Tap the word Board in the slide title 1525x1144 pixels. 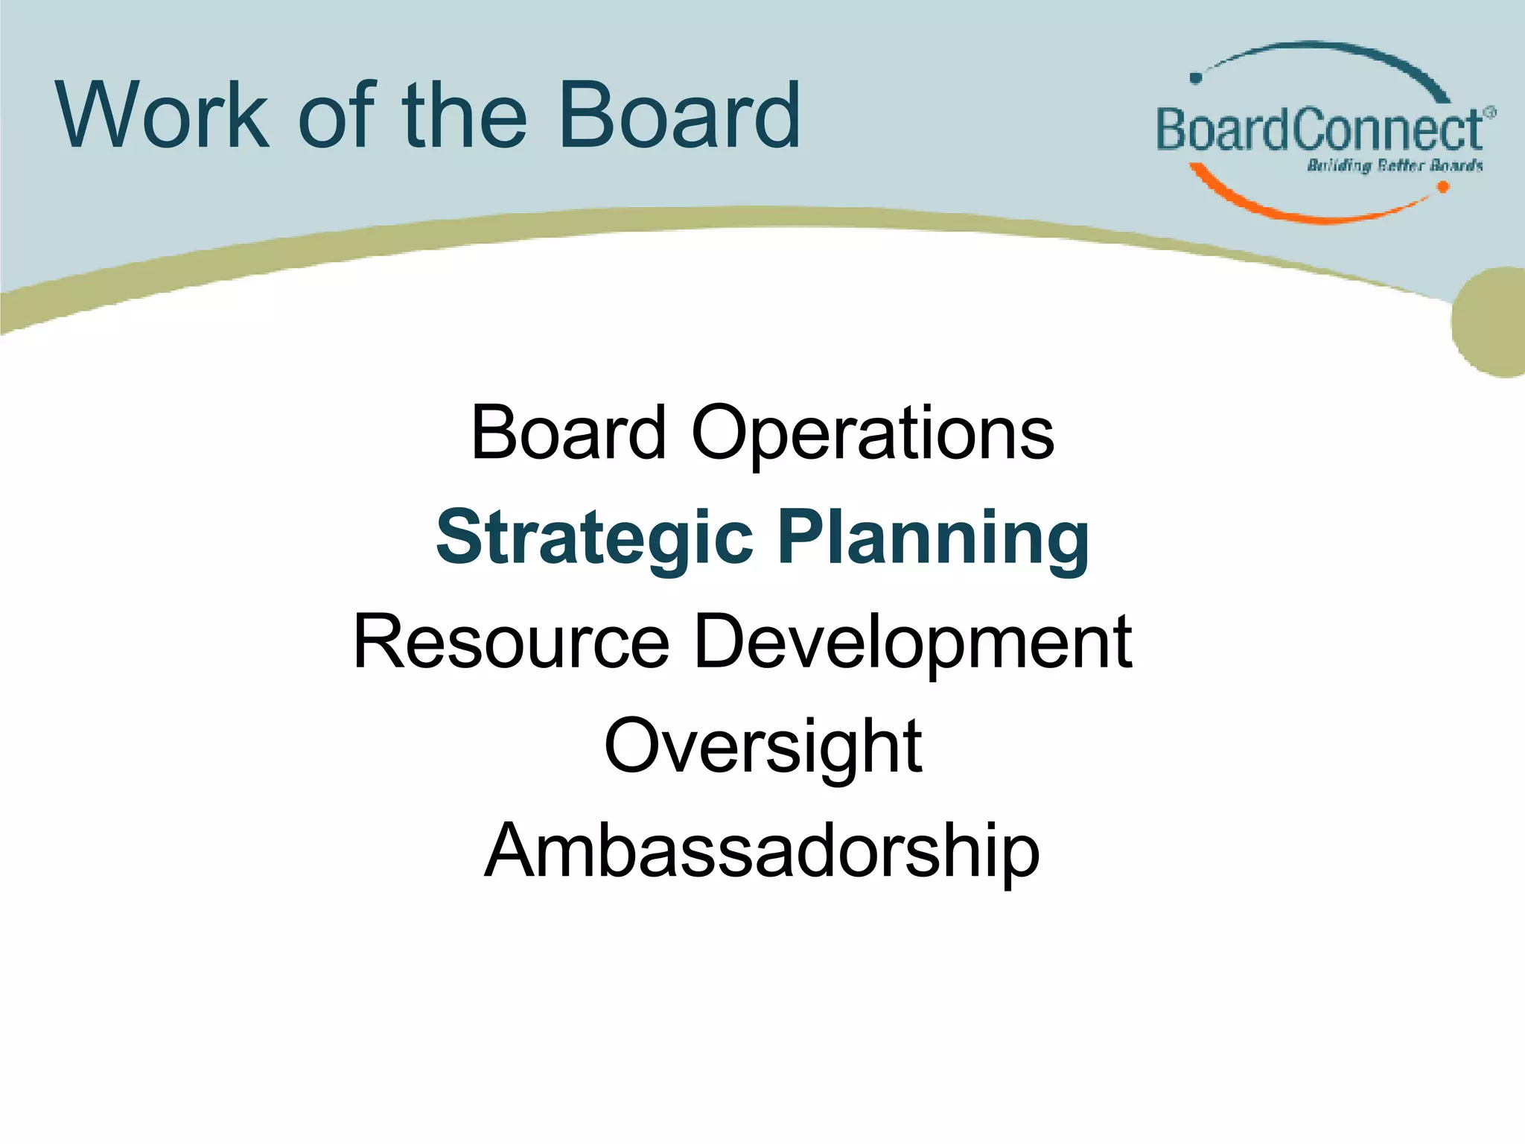678,115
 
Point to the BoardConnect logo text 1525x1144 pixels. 1318,130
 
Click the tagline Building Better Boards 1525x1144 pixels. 1394,165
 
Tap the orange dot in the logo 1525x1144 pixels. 1442,187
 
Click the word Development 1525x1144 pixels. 912,642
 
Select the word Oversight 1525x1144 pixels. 762,746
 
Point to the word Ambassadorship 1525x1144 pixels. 762,851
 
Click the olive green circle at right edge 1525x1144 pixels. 1493,322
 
